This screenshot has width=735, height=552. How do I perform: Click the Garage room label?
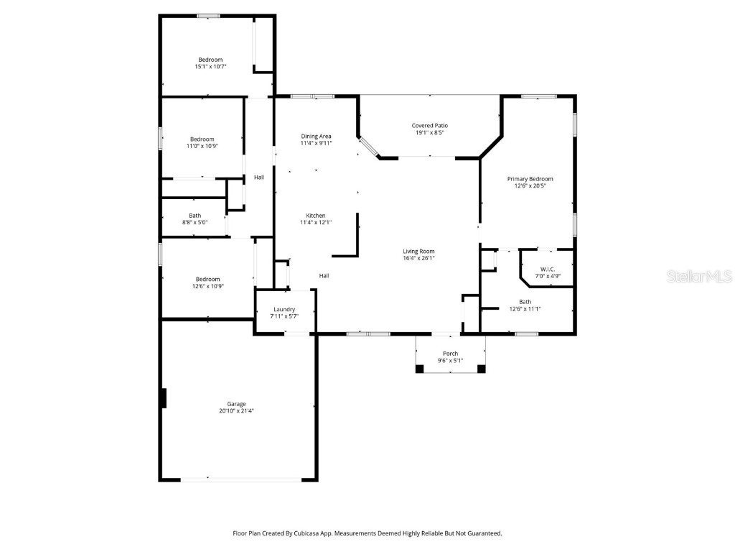(x=236, y=404)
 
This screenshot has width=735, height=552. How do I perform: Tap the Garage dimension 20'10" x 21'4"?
(x=236, y=411)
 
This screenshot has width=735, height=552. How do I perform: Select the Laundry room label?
(x=284, y=309)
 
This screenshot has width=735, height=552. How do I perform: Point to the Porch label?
(x=450, y=353)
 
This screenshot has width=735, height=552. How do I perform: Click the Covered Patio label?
(x=429, y=125)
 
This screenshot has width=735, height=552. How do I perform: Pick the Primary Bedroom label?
(x=530, y=179)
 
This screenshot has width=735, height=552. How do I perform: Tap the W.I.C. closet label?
(x=545, y=269)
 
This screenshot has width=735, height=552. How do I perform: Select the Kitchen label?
(x=316, y=216)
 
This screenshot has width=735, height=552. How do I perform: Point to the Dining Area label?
(x=316, y=136)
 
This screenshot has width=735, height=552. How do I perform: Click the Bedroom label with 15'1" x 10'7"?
(x=210, y=60)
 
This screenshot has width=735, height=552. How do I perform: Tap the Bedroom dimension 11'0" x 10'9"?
(x=202, y=146)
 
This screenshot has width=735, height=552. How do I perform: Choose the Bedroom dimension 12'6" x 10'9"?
(x=207, y=286)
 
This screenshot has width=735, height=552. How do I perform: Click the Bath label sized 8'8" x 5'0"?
(x=195, y=216)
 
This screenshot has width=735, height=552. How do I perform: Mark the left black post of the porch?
(x=419, y=369)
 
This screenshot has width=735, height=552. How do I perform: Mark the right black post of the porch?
(x=481, y=369)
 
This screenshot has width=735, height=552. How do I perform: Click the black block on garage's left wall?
(x=164, y=398)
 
